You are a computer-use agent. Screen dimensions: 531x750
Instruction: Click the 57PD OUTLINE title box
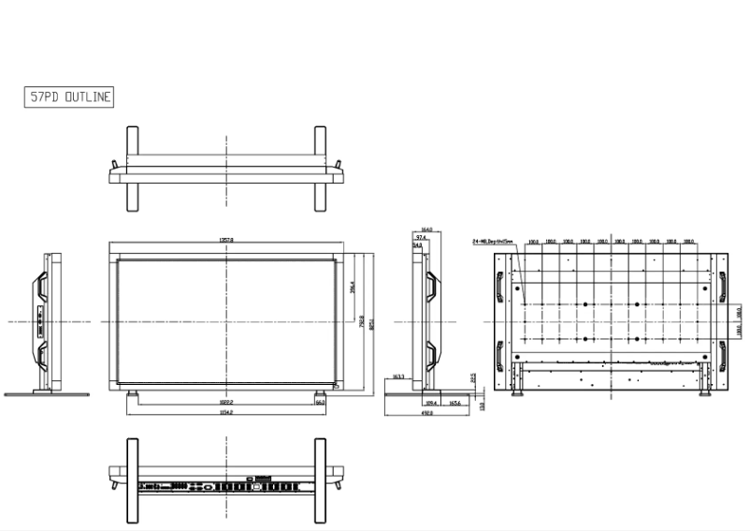[x=68, y=97]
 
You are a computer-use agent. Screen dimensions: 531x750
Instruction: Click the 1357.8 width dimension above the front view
[x=226, y=241]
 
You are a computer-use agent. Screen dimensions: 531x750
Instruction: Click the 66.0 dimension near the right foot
[x=320, y=402]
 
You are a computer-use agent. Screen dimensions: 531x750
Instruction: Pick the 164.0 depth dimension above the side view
[x=426, y=229]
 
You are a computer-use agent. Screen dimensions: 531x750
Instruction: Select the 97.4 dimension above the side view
[x=421, y=238]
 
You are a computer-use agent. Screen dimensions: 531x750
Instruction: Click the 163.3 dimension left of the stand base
[x=397, y=376]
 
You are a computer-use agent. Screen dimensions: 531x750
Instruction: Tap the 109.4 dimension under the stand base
[x=432, y=402]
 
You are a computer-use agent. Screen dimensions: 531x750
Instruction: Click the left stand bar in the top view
[x=132, y=170]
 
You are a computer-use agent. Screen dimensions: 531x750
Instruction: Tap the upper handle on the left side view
[x=42, y=287]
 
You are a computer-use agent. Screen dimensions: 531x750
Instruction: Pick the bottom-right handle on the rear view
[x=721, y=357]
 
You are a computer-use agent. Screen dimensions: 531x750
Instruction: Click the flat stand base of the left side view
[x=46, y=393]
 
